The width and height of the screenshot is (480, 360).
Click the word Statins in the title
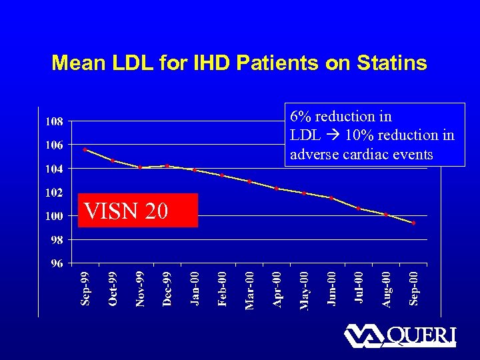pos(393,63)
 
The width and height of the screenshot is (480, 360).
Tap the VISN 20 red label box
pos(138,211)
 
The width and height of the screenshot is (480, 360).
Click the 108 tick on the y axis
pos(55,121)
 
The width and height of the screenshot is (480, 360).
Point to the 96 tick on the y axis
pos(57,263)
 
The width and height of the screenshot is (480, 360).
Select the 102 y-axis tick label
pos(55,192)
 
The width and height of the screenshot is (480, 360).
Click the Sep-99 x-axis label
pos(85,288)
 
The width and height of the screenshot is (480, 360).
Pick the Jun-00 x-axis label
pos(331,288)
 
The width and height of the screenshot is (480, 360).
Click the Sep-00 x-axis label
pos(413,288)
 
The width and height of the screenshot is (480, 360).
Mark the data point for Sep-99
pos(85,149)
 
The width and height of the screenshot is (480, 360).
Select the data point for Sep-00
pos(413,223)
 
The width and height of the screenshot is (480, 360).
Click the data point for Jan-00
pos(194,170)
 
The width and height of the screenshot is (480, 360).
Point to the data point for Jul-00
pos(359,209)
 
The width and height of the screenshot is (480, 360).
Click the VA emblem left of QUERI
pos(364,335)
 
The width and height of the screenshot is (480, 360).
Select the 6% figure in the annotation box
pos(301,117)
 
